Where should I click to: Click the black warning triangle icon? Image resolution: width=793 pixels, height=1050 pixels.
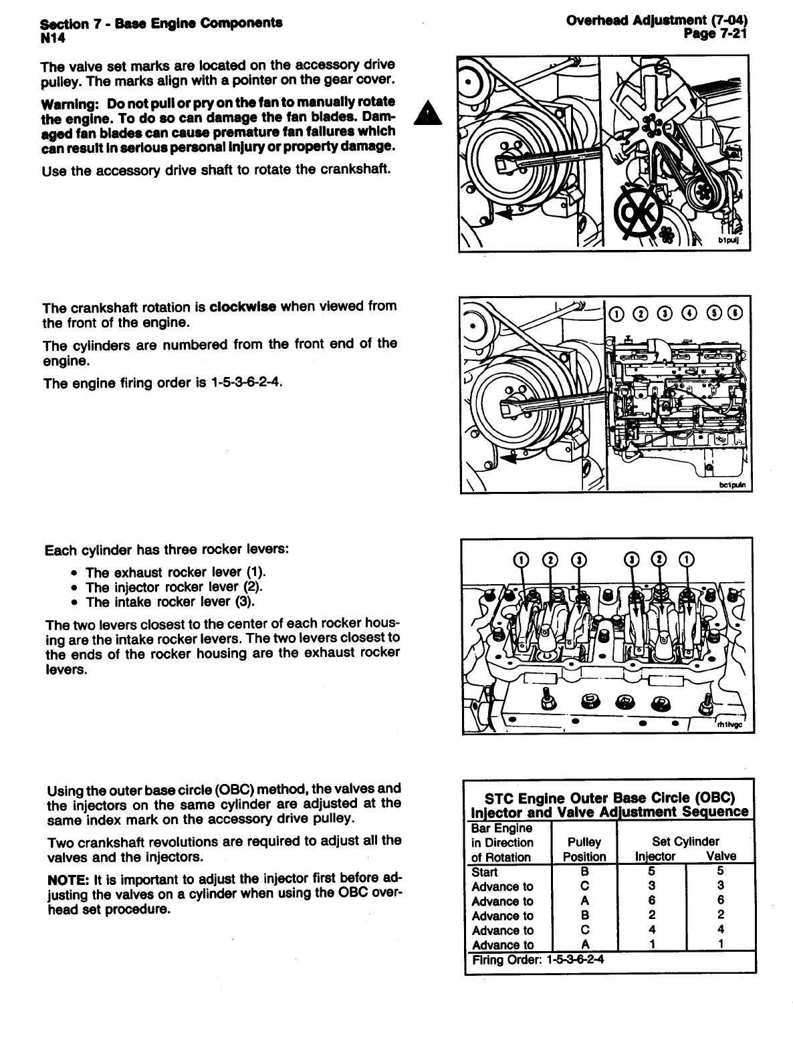pos(425,113)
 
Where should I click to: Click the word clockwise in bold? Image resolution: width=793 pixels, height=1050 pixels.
pos(243,307)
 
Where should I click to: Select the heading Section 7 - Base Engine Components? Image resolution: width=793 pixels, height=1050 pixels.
pos(161,23)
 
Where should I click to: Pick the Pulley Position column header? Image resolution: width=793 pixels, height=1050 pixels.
pos(584,849)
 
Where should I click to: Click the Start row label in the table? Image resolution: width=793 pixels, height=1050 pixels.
pos(485,872)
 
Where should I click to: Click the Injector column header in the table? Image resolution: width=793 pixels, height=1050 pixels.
pos(655,856)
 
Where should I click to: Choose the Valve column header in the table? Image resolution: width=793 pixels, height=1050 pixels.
pos(721,856)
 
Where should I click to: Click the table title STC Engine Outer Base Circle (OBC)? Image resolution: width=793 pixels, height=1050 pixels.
pos(609,797)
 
